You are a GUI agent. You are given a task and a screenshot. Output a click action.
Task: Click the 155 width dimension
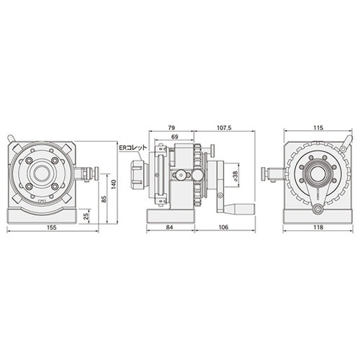tap(52, 228)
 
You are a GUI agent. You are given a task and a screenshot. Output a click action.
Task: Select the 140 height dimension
tap(114, 184)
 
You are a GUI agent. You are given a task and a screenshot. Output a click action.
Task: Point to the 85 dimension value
tap(104, 199)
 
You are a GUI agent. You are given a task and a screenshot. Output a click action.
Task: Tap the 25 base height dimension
tap(87, 215)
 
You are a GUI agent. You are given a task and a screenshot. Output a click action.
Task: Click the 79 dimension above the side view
tap(171, 127)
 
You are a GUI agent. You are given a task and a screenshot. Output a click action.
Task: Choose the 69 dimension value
tap(175, 137)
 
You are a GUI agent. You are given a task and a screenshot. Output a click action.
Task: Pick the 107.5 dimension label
tap(224, 127)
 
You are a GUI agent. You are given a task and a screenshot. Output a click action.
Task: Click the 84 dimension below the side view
tap(170, 228)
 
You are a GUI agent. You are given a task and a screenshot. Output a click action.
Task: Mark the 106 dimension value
tap(224, 228)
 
